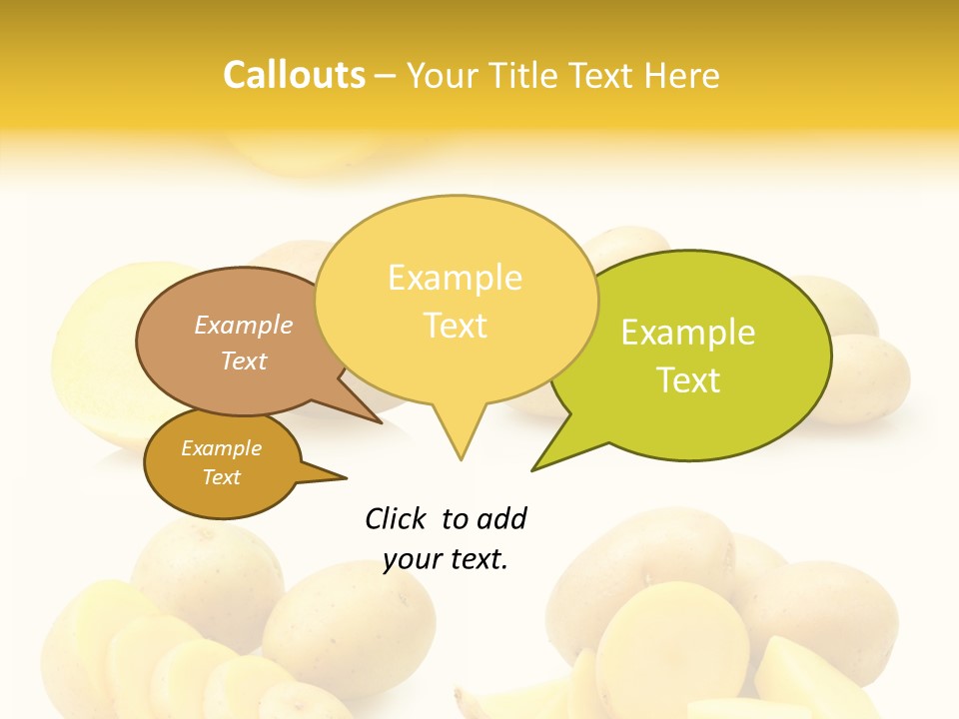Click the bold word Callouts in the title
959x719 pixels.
[x=294, y=75]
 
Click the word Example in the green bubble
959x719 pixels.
[x=688, y=333]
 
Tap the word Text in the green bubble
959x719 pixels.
[x=688, y=380]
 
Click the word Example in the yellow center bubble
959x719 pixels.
[x=455, y=278]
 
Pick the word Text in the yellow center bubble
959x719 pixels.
[x=456, y=326]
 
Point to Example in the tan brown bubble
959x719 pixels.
[x=244, y=326]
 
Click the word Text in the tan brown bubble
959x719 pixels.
[x=244, y=360]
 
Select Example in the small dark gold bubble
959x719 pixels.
[x=221, y=448]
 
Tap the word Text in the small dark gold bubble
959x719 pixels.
[x=222, y=477]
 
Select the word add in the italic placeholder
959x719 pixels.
[x=500, y=518]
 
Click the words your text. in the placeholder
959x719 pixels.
[x=446, y=559]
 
